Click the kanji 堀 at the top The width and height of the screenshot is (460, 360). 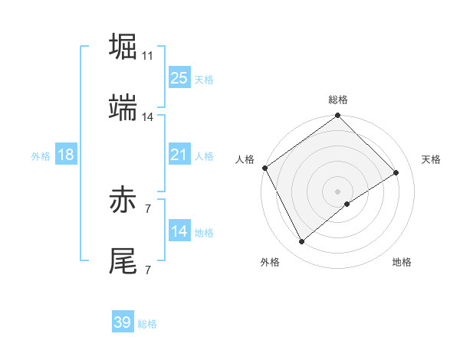pyautogui.click(x=124, y=47)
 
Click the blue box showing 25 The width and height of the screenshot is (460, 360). pyautogui.click(x=179, y=78)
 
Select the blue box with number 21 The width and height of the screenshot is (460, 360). pyautogui.click(x=179, y=155)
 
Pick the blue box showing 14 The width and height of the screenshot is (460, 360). pyautogui.click(x=179, y=231)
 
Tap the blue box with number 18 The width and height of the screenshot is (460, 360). pyautogui.click(x=66, y=155)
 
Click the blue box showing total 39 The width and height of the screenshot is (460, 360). pyautogui.click(x=123, y=322)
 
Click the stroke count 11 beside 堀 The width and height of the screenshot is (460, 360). pyautogui.click(x=148, y=56)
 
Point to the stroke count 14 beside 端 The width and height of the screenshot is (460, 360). pyautogui.click(x=148, y=117)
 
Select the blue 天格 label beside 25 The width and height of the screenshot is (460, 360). pyautogui.click(x=204, y=80)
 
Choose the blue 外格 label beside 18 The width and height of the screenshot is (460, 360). pyautogui.click(x=41, y=156)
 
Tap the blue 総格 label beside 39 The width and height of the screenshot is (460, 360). pyautogui.click(x=147, y=324)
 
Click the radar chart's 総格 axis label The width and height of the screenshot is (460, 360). pyautogui.click(x=338, y=100)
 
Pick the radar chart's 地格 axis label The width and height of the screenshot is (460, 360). pyautogui.click(x=402, y=262)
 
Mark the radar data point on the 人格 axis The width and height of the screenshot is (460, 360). pyautogui.click(x=264, y=168)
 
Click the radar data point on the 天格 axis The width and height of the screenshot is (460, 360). pyautogui.click(x=396, y=172)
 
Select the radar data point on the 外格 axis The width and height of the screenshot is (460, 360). pyautogui.click(x=302, y=242)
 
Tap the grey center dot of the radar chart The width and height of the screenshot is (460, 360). pyautogui.click(x=338, y=191)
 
